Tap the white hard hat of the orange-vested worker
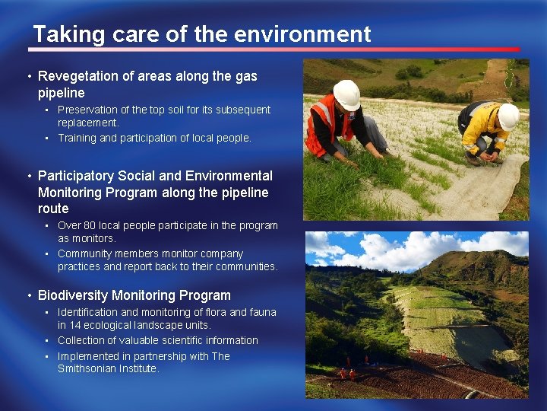click(x=346, y=94)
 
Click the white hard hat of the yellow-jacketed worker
click(x=508, y=116)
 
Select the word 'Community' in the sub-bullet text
click(x=84, y=253)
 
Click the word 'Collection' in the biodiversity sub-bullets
click(x=81, y=340)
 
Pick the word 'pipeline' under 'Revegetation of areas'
click(x=62, y=93)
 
